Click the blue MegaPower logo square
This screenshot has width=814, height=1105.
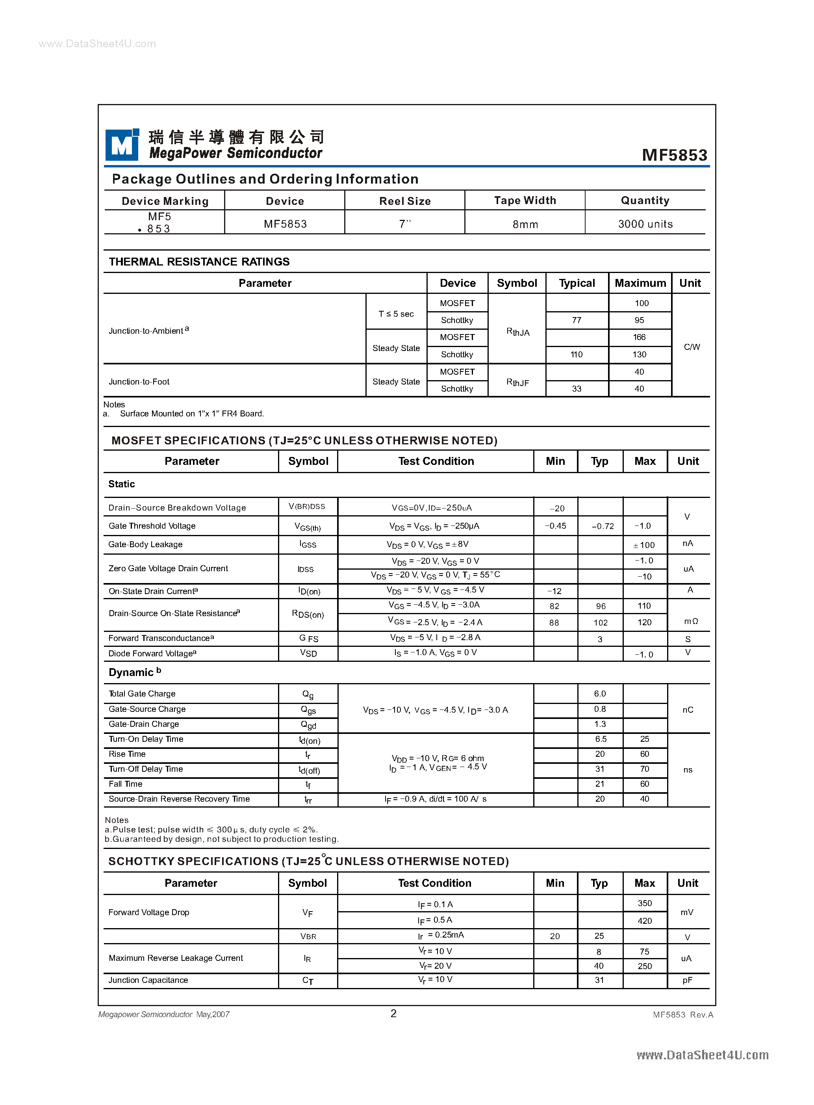click(x=122, y=145)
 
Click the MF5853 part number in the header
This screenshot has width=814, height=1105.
click(x=674, y=155)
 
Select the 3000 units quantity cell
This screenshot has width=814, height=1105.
click(x=645, y=224)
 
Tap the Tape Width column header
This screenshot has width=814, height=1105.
click(x=525, y=200)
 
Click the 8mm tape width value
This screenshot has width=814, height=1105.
click(x=525, y=224)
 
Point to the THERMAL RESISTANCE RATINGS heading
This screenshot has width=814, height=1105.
click(x=199, y=262)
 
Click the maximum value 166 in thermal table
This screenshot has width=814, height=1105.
click(x=639, y=337)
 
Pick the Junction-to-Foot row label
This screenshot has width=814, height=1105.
click(x=139, y=381)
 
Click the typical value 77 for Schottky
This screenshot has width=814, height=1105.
click(x=577, y=320)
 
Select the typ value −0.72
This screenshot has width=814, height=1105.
click(x=603, y=526)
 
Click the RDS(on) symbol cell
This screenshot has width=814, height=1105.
click(x=308, y=614)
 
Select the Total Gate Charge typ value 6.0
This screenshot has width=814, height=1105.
click(x=600, y=693)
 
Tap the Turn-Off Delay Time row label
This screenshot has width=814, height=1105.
click(x=146, y=769)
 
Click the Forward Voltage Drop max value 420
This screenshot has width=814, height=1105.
click(x=645, y=921)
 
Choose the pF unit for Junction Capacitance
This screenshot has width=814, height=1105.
click(x=687, y=980)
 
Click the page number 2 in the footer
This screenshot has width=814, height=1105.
click(x=393, y=1013)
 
